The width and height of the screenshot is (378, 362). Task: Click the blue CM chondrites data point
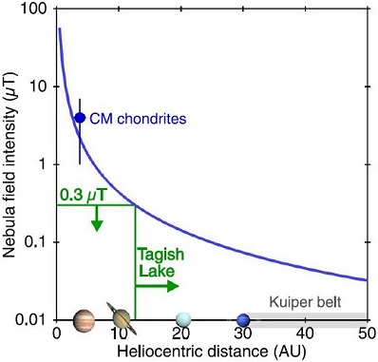[x=80, y=118]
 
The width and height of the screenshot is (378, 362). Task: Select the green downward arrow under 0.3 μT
[x=96, y=220]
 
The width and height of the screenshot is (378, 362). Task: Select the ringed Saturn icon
[x=120, y=318]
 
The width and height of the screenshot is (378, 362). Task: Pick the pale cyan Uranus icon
[x=182, y=319]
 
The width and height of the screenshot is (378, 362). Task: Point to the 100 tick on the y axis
[x=36, y=9]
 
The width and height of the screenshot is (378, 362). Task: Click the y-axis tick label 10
[x=40, y=86]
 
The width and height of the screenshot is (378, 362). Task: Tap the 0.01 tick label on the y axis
[x=34, y=319]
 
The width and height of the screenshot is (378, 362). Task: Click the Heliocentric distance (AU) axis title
[x=212, y=352]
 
